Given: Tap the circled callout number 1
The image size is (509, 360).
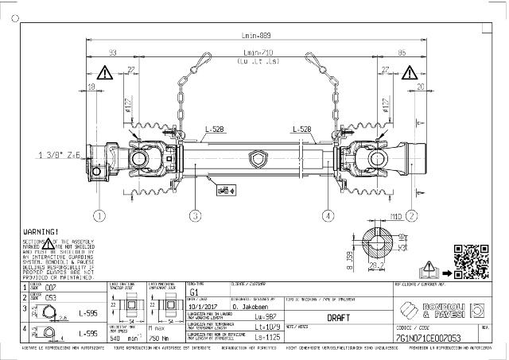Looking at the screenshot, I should [99, 215].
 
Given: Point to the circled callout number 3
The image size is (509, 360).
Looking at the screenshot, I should [196, 215].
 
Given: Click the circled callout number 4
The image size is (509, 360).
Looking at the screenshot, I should [328, 215].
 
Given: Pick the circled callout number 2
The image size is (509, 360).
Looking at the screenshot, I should [412, 215].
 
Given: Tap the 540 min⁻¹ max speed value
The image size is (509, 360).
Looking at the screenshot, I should [121, 338].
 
